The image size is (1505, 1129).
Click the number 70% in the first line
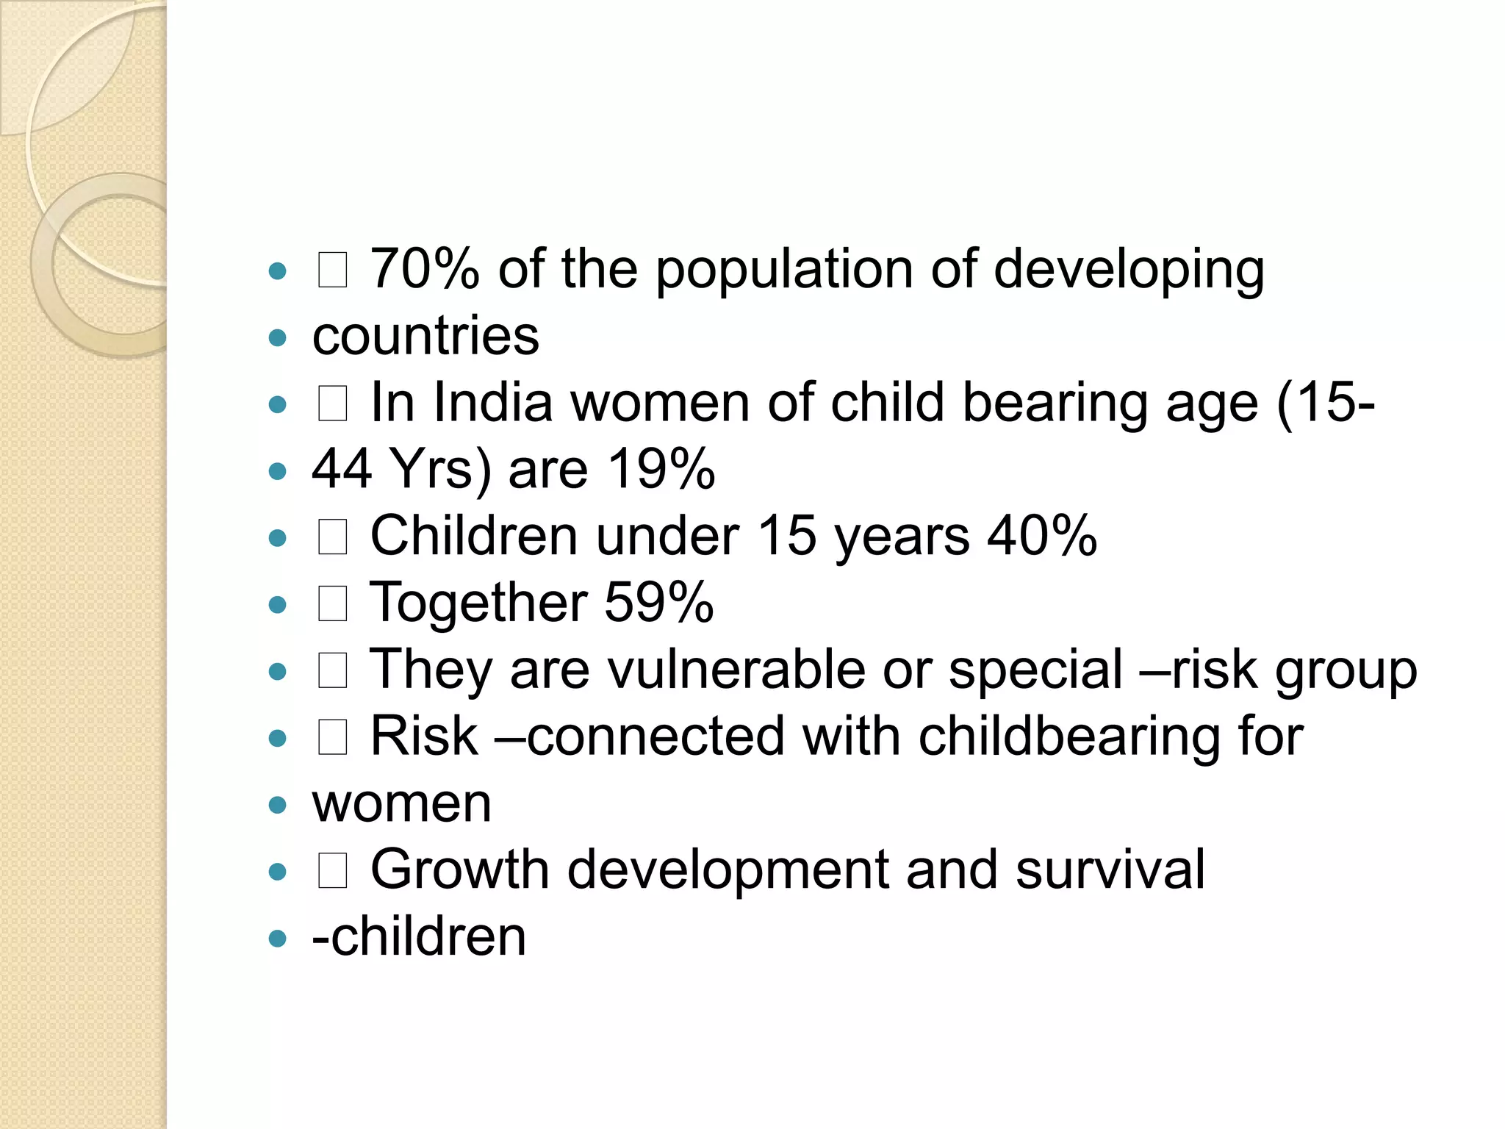(424, 269)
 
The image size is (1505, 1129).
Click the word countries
(425, 336)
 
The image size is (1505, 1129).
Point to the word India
(492, 403)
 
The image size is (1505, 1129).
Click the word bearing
(1055, 404)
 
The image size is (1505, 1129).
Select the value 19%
(661, 469)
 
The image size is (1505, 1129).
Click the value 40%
(1042, 536)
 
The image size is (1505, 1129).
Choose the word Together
(478, 603)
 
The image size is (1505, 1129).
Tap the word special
(1035, 671)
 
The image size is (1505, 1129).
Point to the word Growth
(459, 870)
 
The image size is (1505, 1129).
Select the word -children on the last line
(419, 937)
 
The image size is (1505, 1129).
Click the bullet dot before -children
(277, 939)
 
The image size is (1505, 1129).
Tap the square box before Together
(332, 605)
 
